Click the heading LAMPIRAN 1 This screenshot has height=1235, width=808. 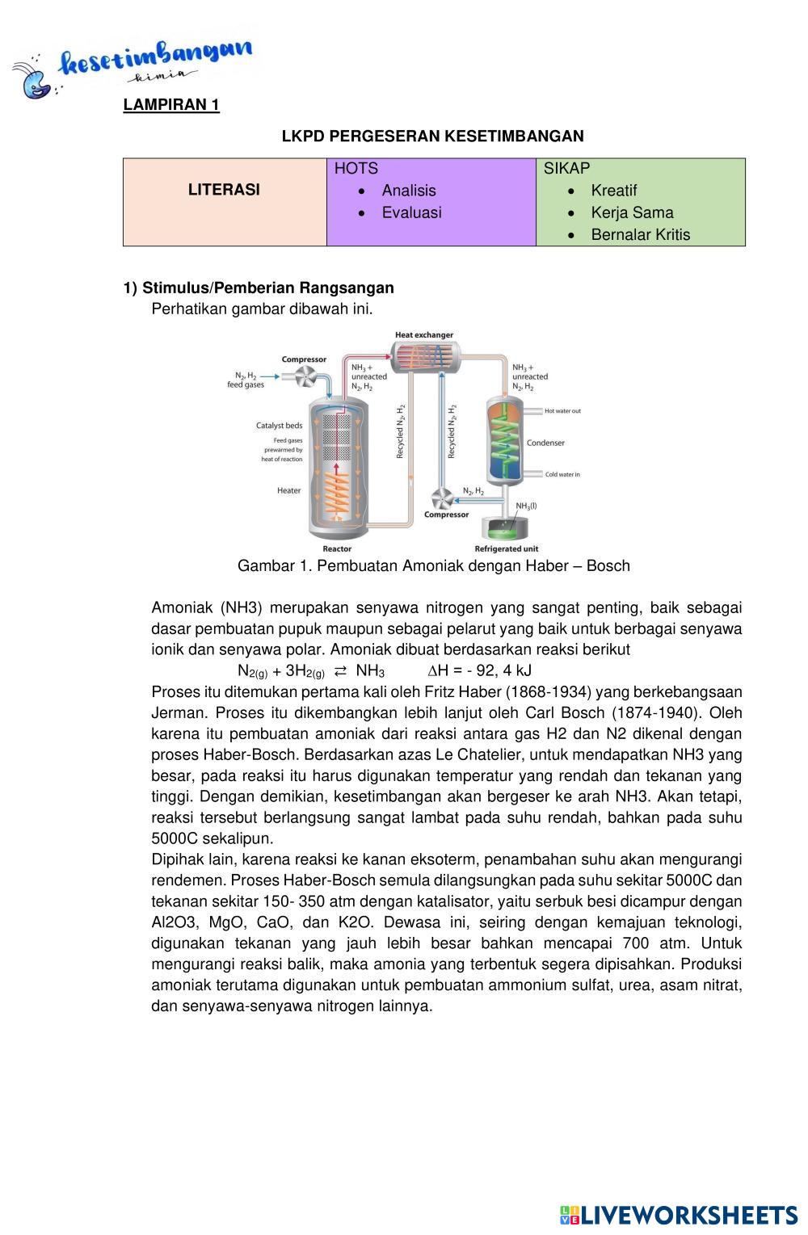[x=171, y=105]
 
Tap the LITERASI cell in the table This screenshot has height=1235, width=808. [x=224, y=190]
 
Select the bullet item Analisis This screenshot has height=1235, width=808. [x=408, y=191]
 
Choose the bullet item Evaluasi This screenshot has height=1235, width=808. [x=411, y=212]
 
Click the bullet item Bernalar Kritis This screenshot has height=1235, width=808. [x=640, y=234]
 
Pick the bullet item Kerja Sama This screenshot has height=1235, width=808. [x=632, y=212]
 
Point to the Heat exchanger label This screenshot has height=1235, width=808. [x=423, y=335]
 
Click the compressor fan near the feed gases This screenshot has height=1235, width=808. [x=307, y=376]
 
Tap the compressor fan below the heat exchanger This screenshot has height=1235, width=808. [x=442, y=497]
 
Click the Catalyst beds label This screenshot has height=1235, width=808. [x=279, y=426]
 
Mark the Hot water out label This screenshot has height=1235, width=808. [x=562, y=411]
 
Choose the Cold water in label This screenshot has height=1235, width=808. [x=562, y=475]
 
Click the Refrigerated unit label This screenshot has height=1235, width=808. [x=507, y=549]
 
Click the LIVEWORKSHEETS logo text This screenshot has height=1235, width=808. [x=688, y=1216]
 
